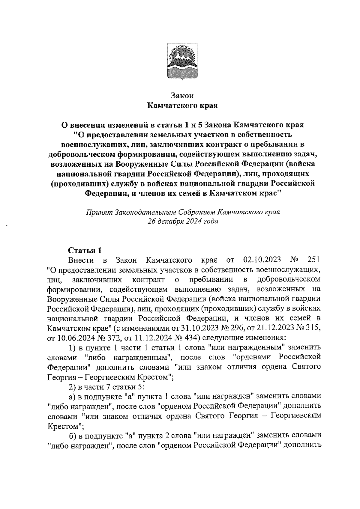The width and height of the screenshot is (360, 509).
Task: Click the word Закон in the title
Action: (182, 96)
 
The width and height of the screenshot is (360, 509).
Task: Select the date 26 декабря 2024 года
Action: (183, 222)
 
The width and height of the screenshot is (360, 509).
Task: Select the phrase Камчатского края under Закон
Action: (182, 106)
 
